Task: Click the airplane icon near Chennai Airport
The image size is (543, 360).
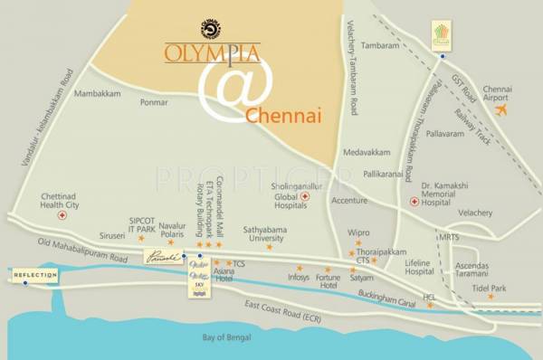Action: [x=504, y=110]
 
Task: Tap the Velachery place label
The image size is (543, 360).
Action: [x=474, y=213]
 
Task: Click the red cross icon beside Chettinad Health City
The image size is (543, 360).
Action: [x=62, y=217]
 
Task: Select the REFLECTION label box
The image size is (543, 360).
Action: [x=34, y=276]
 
